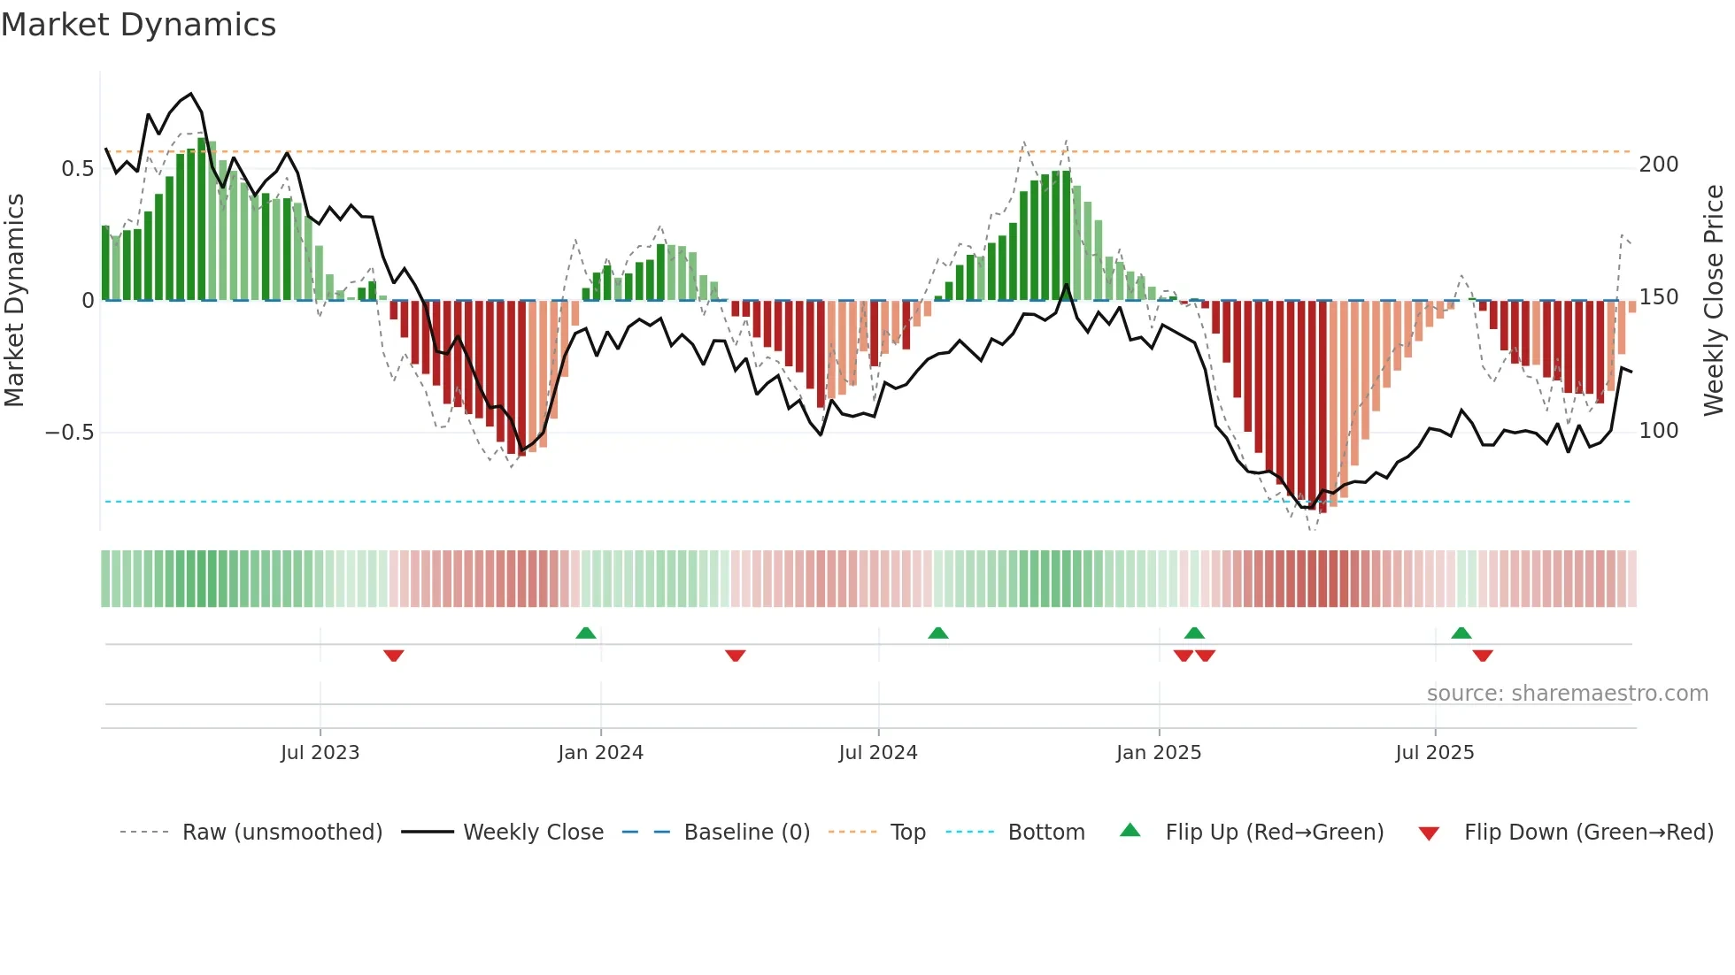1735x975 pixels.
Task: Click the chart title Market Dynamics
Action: click(139, 25)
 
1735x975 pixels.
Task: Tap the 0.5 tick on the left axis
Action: click(77, 168)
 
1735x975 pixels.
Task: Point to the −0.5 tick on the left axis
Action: click(70, 432)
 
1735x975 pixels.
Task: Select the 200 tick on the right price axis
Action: click(1658, 165)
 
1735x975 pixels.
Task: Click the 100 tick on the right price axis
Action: click(1658, 431)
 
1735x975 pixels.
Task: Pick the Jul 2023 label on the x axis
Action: click(320, 753)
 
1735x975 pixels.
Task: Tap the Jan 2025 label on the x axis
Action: click(1158, 753)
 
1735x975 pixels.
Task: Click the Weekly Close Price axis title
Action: click(1714, 301)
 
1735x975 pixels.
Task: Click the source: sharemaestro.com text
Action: click(1567, 694)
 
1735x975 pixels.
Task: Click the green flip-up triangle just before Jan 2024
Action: click(585, 633)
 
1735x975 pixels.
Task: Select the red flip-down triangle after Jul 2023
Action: click(394, 656)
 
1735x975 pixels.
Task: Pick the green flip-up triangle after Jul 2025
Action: click(1461, 633)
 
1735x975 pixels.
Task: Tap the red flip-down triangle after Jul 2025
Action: click(1483, 656)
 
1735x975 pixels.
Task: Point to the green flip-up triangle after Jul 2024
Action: click(937, 633)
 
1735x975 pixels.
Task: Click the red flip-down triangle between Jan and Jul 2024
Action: click(735, 656)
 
